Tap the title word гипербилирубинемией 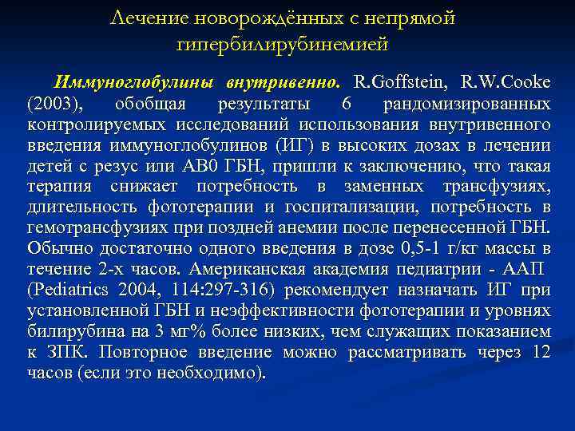283,44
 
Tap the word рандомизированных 466,104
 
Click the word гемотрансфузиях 93,228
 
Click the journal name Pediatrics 71,290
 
